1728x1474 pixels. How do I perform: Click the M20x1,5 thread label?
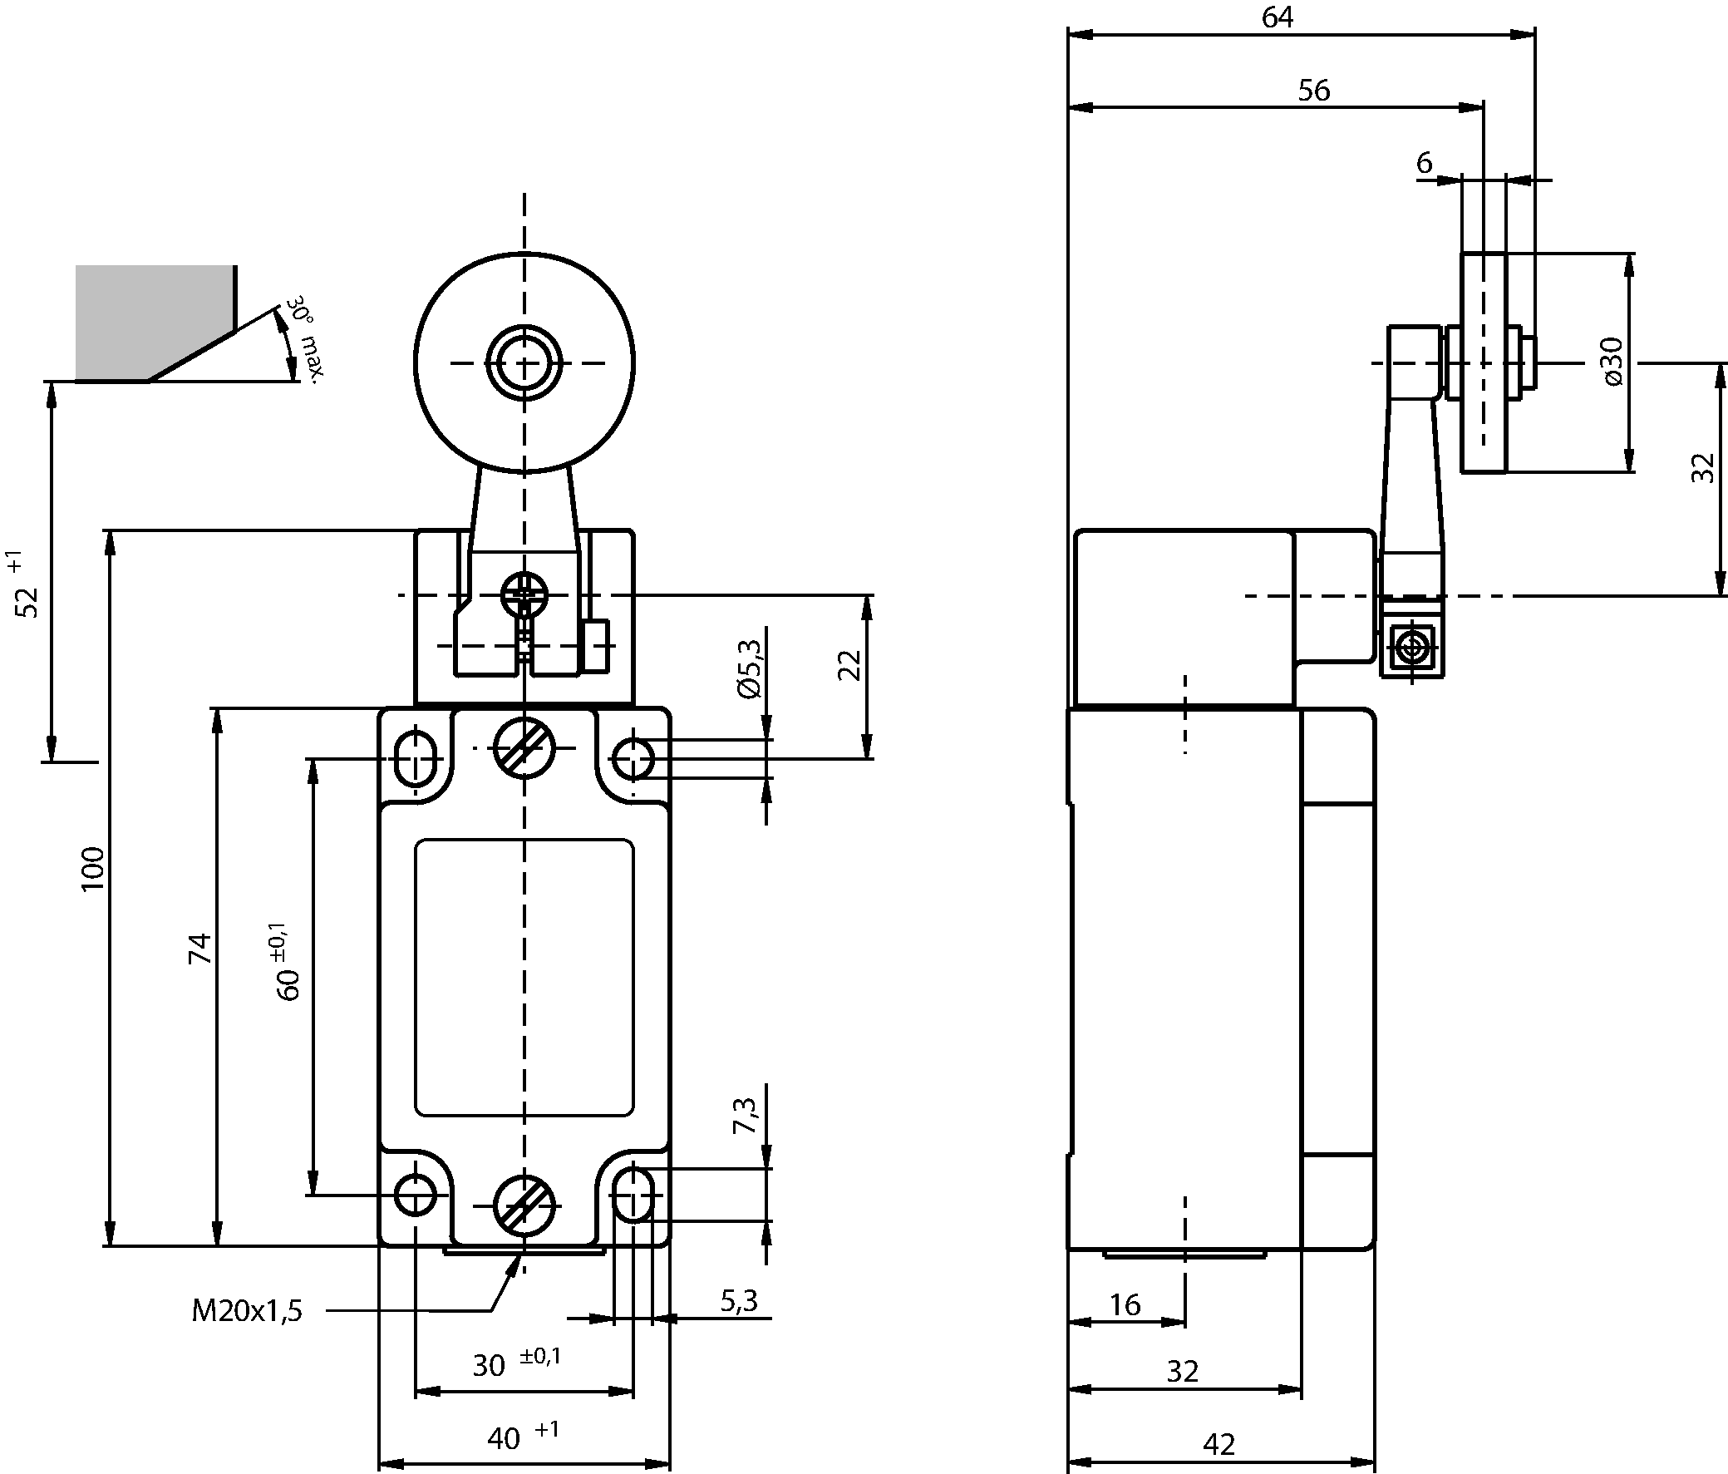[247, 1311]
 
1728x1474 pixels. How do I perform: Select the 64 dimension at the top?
[1277, 17]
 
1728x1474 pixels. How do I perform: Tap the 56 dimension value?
[1313, 90]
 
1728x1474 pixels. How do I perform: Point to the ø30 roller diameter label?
[1613, 361]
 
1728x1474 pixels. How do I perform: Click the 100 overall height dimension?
[92, 869]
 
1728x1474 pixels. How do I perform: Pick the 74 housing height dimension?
[200, 949]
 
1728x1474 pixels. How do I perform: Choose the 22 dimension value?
[848, 665]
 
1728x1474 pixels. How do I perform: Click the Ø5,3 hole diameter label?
[750, 668]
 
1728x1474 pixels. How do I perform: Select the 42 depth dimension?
[1218, 1444]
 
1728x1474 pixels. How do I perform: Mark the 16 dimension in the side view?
[1125, 1304]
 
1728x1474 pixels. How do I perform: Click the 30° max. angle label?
[303, 338]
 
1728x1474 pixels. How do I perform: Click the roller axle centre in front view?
[524, 362]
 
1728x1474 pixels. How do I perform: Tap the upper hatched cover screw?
[524, 747]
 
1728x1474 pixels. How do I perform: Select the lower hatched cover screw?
[524, 1205]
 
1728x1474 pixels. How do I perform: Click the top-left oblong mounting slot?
[415, 758]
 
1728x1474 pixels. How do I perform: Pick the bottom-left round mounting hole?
[415, 1195]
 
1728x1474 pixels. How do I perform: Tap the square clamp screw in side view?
[1411, 648]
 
